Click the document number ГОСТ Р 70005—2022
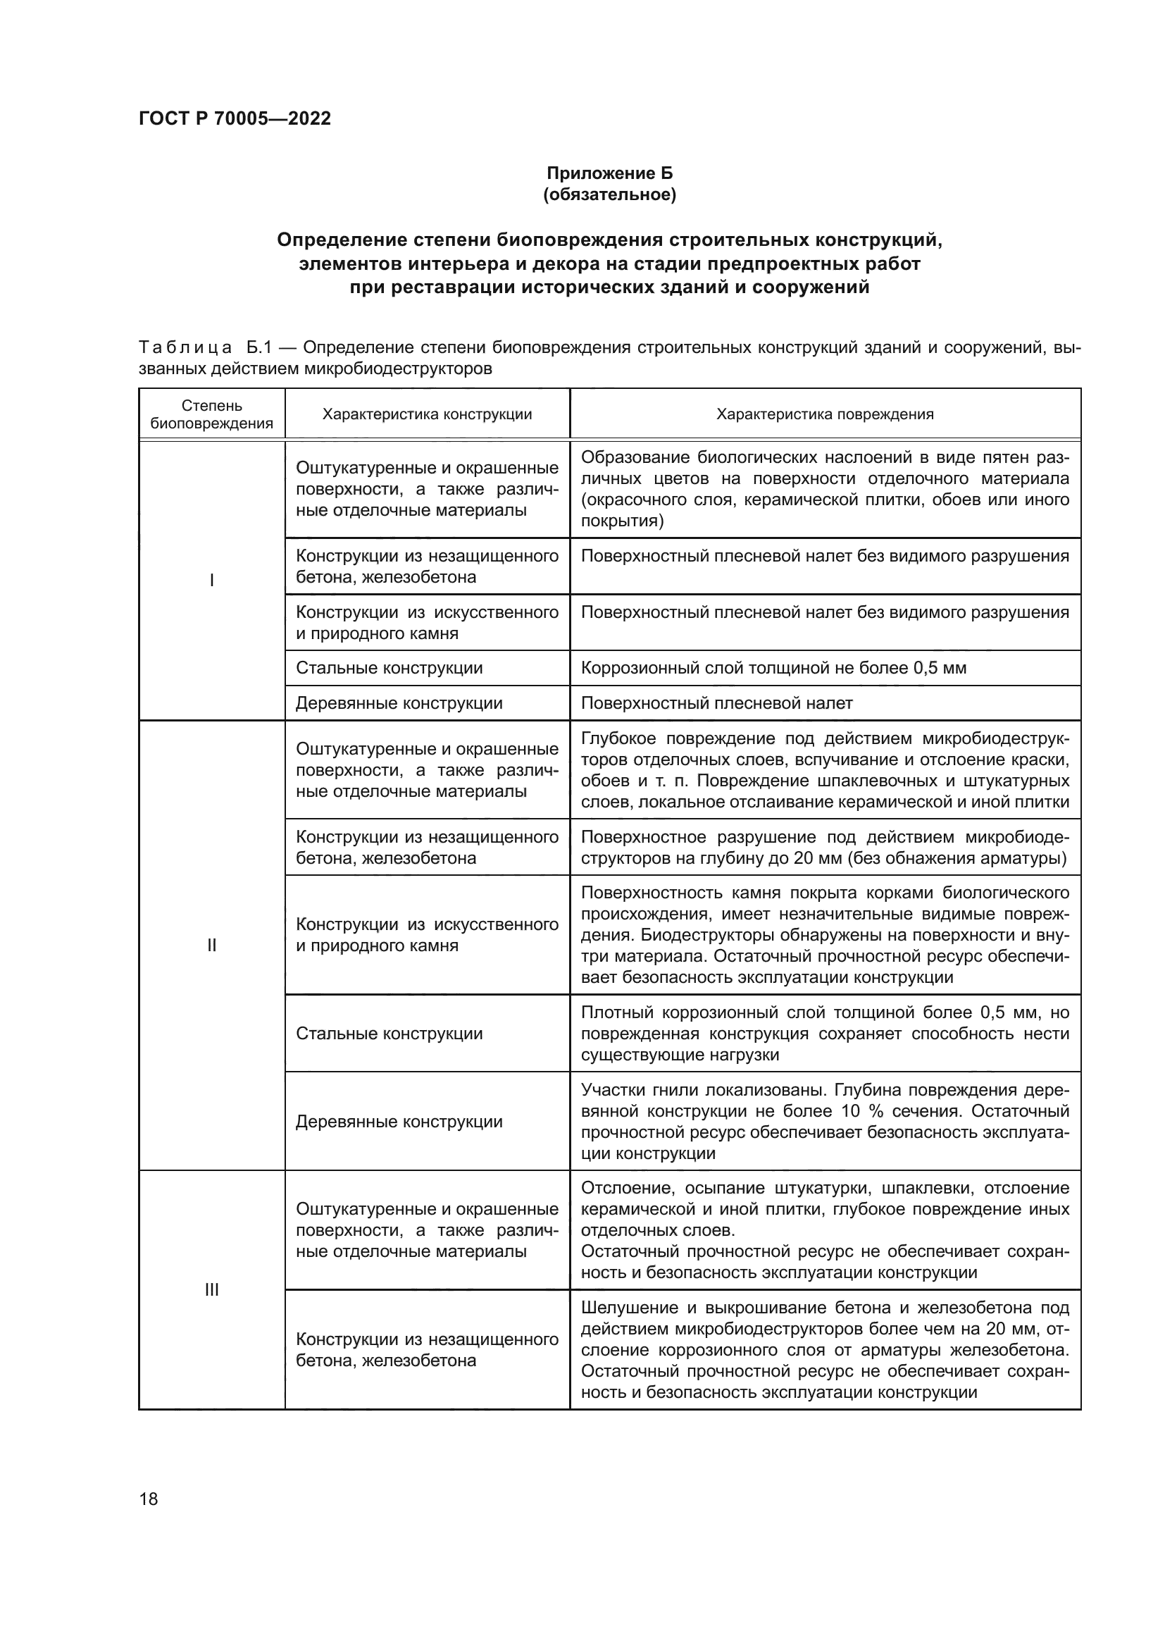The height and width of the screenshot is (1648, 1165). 235,118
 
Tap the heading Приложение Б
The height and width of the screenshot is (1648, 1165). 609,173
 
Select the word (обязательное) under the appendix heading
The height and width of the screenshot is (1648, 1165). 609,194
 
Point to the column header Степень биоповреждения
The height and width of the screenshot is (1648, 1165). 211,414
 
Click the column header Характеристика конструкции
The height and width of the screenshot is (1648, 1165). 427,414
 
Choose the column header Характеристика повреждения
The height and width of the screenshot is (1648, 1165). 825,414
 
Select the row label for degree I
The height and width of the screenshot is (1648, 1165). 211,580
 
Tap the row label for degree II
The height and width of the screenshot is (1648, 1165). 211,945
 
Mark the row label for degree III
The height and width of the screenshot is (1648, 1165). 211,1290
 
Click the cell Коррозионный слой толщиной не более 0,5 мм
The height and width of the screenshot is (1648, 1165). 773,668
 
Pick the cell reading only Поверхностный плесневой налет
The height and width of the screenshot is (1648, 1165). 716,703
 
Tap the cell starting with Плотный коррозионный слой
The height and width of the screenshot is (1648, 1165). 825,1034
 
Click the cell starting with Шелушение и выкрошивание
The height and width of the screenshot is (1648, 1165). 825,1349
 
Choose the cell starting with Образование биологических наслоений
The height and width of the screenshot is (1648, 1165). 825,489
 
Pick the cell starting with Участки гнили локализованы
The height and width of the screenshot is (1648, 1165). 825,1121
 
